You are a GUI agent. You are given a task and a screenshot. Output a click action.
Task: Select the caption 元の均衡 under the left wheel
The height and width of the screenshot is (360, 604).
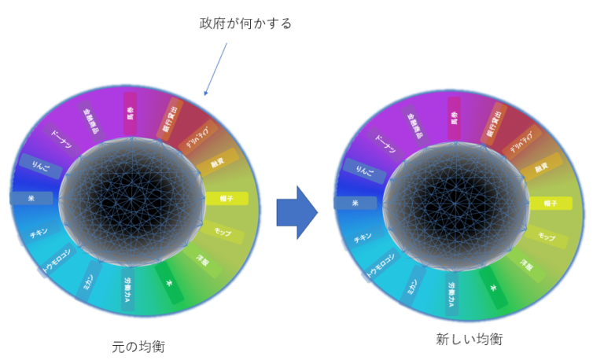point(139,345)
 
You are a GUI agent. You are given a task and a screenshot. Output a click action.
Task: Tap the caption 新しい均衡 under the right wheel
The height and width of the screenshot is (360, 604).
point(470,340)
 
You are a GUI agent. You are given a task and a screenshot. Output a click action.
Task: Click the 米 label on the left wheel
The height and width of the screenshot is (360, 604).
point(31,198)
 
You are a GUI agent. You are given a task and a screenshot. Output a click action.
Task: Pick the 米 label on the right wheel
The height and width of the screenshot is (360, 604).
point(355,203)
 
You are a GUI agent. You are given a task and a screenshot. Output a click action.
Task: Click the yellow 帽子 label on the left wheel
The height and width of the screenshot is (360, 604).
point(226,198)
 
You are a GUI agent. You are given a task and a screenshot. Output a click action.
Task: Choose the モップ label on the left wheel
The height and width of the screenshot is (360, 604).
point(223,233)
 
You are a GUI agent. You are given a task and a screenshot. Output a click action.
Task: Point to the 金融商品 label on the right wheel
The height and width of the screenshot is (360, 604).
point(414,124)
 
